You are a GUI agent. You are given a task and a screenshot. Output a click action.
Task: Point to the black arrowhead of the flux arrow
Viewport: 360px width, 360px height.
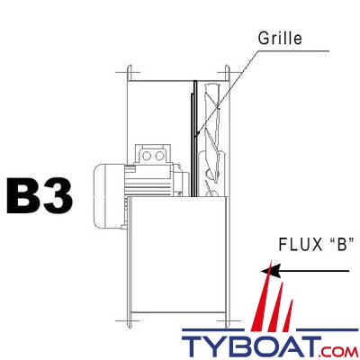[264, 268]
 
